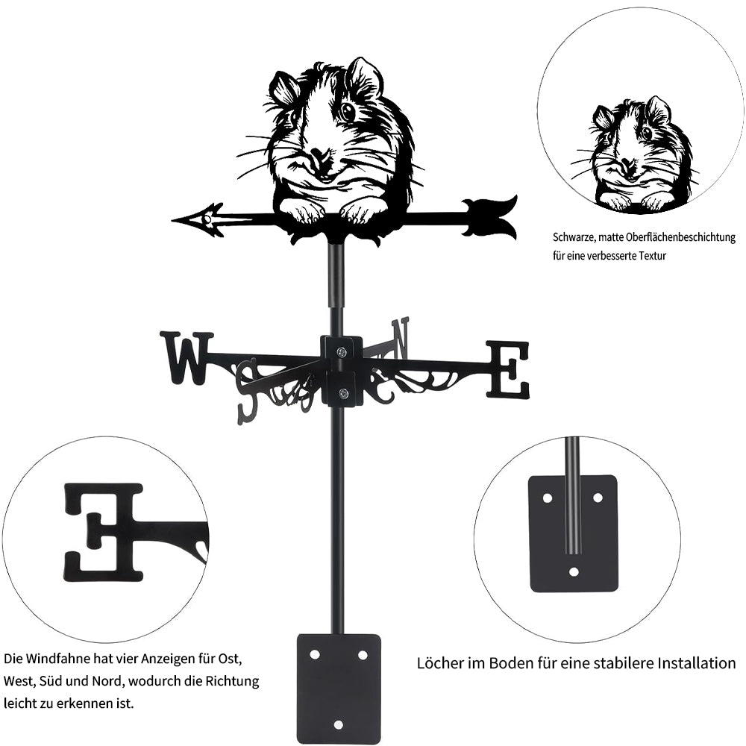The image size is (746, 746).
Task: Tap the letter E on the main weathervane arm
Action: [x=508, y=369]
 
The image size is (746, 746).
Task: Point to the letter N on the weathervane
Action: [x=401, y=338]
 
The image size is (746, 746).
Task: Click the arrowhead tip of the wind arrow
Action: [x=172, y=220]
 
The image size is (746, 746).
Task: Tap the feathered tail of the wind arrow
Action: [x=490, y=217]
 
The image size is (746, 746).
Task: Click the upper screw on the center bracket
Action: [x=342, y=352]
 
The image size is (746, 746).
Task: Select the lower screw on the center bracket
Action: [x=342, y=393]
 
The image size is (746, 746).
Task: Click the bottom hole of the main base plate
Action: [x=338, y=725]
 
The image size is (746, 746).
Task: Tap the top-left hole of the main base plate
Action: [x=314, y=655]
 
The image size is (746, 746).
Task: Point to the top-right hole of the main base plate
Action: [x=363, y=655]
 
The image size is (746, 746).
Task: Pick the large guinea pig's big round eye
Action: [x=348, y=112]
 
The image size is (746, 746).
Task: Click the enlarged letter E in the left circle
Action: [x=104, y=533]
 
